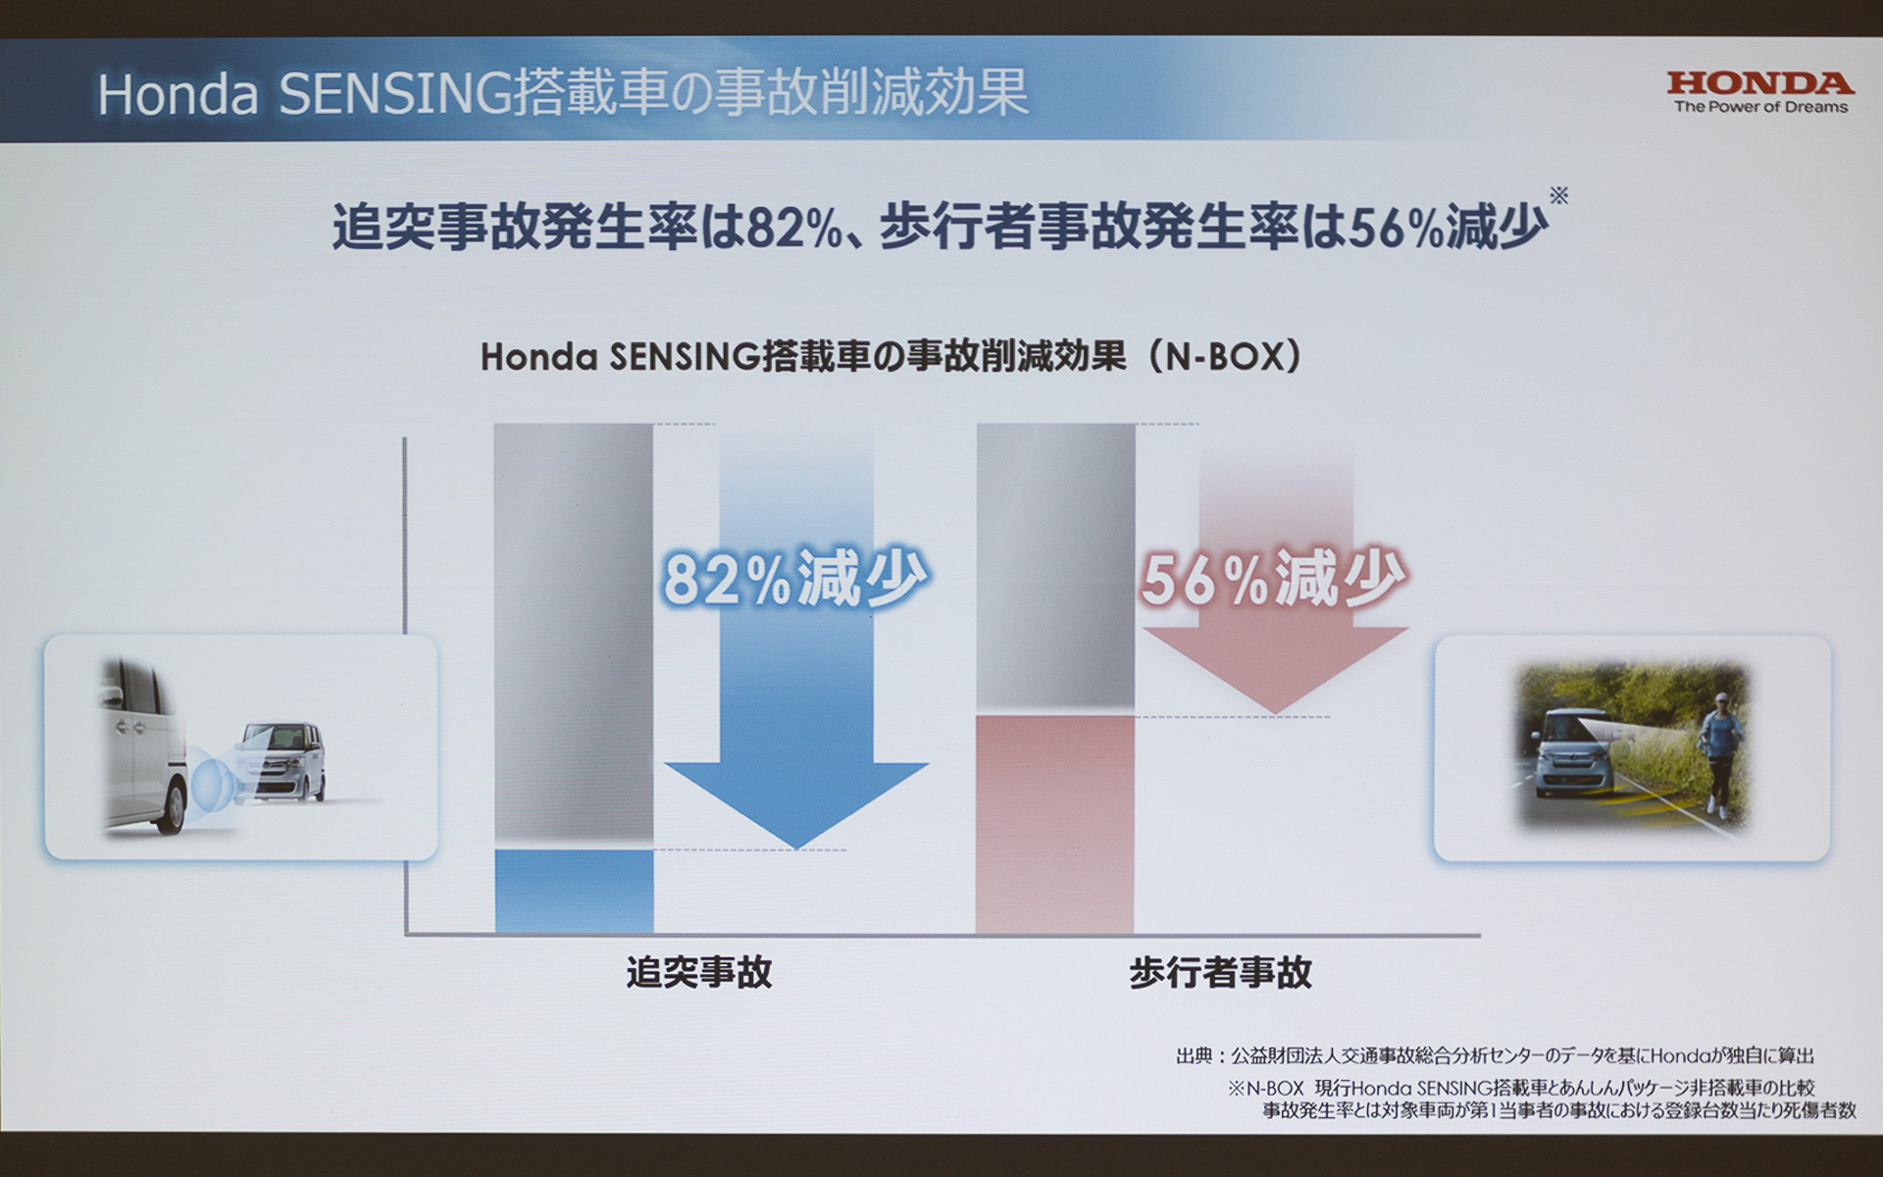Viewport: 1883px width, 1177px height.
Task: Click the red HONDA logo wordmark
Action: pos(1760,83)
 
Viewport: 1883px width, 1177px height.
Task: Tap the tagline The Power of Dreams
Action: pos(1760,107)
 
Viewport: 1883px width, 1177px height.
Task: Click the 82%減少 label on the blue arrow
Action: pos(794,579)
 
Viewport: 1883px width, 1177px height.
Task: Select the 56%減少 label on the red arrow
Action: pos(1273,579)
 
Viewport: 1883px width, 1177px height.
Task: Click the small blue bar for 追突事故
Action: pos(574,891)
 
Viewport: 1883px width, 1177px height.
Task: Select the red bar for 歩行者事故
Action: pos(1054,824)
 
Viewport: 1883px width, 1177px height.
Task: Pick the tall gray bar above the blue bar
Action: pos(574,633)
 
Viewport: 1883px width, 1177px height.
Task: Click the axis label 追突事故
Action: pos(699,972)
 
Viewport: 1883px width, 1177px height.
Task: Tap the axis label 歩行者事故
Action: pos(1220,972)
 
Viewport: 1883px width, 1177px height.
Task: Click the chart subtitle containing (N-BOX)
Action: pos(891,356)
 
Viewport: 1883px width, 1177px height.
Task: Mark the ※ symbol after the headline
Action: pos(1558,195)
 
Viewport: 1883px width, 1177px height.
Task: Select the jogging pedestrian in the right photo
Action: pos(1721,750)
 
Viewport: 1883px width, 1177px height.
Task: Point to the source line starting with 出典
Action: pos(1495,1055)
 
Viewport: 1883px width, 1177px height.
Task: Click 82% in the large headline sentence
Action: pos(794,229)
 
